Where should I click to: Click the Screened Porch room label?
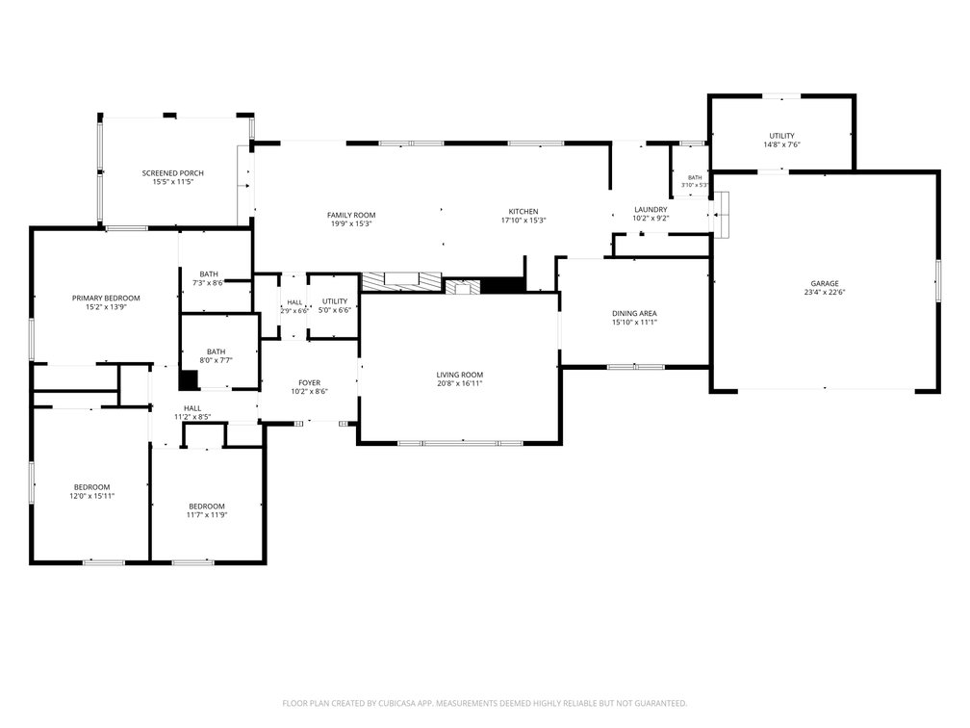[x=172, y=173]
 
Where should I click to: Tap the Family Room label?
[x=351, y=216]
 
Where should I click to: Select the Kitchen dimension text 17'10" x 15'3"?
[x=523, y=221]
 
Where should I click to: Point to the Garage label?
[x=826, y=283]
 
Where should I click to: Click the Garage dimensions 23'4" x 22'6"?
[x=826, y=292]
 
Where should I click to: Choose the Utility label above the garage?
[x=782, y=136]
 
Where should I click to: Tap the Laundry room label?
[x=651, y=210]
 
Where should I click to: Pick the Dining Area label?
[x=635, y=314]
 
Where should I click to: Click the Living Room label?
[x=460, y=376]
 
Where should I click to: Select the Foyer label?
[x=309, y=383]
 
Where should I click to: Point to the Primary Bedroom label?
[x=106, y=299]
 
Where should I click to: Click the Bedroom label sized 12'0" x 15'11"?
[x=92, y=487]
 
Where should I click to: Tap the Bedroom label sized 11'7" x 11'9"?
[x=207, y=507]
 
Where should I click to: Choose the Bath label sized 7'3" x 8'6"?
[x=209, y=274]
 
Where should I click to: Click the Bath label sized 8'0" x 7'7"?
[x=216, y=351]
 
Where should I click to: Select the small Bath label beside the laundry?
[x=695, y=177]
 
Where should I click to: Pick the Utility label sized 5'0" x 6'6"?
[x=335, y=301]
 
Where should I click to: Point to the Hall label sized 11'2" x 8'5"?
[x=192, y=408]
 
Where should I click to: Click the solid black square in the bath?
[x=189, y=379]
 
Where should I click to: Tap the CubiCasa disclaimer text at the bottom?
[x=484, y=703]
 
